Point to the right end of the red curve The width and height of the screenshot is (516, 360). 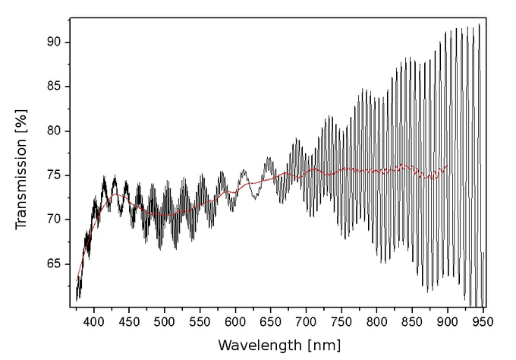[x=448, y=166]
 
